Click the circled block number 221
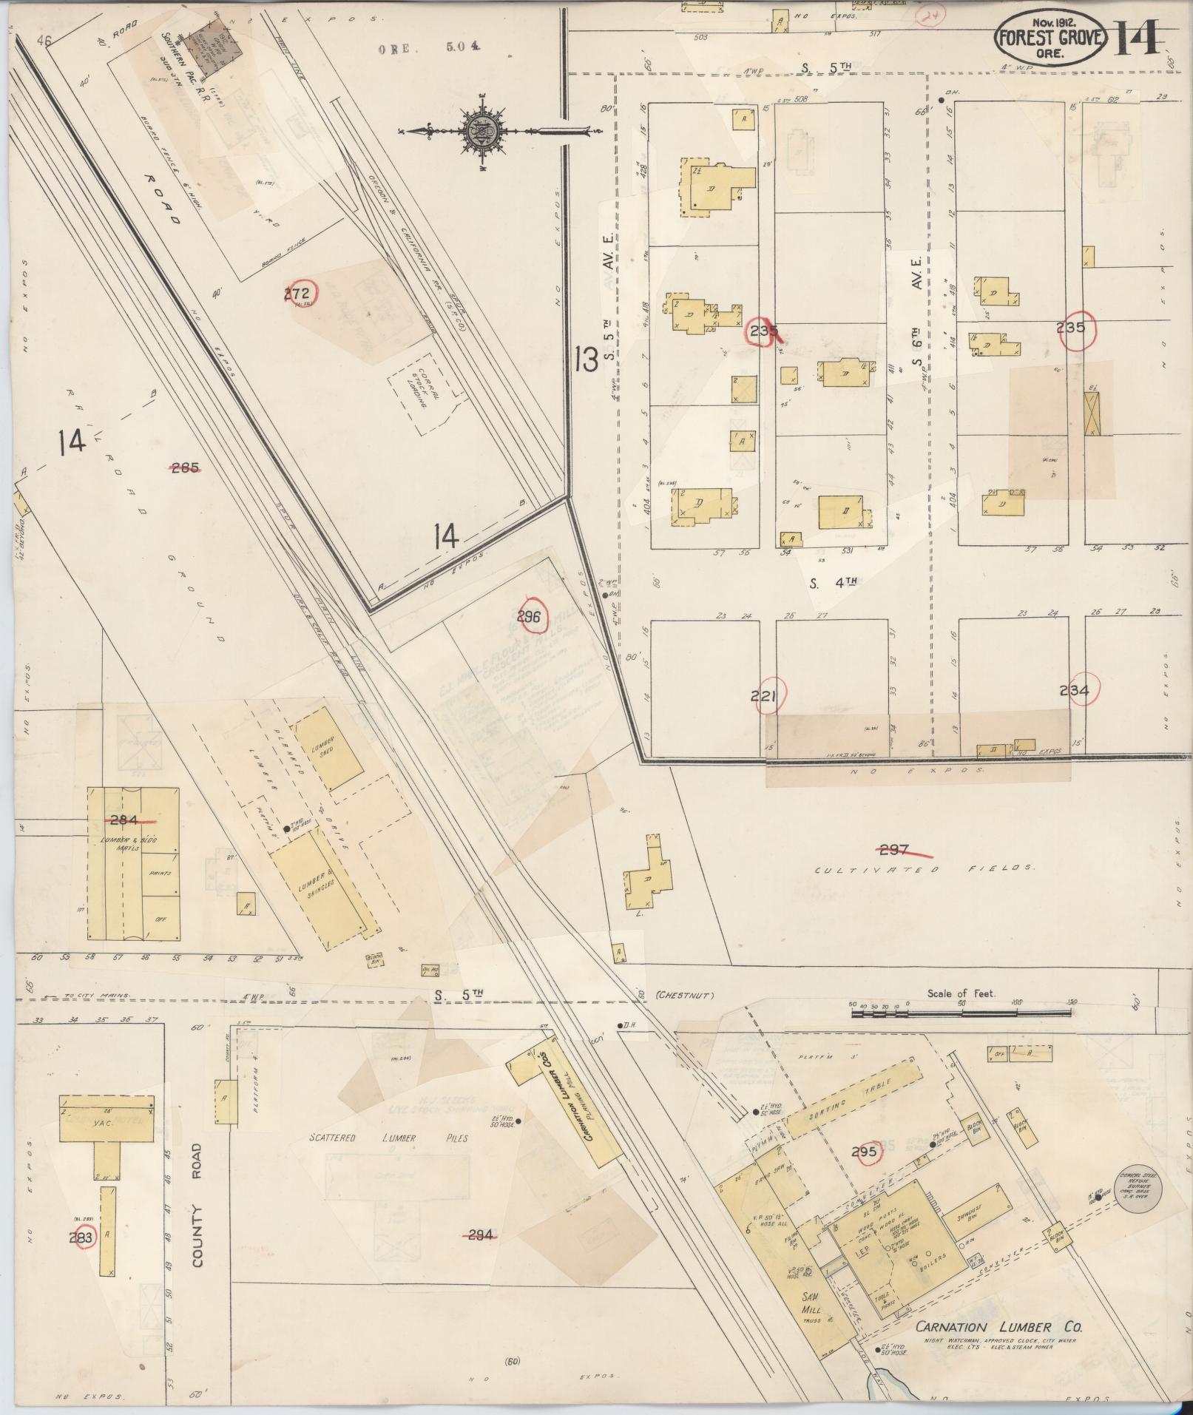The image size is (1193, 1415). pos(767,696)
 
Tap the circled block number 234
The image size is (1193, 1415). pos(1074,691)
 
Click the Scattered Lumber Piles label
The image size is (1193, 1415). pos(389,1138)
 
